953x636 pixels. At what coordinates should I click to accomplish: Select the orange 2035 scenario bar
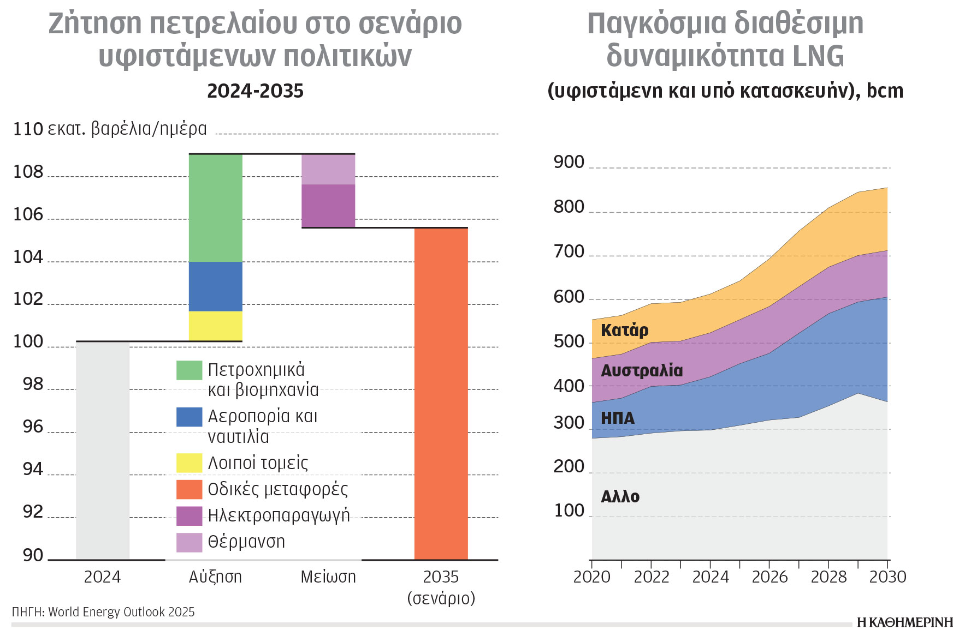coord(441,393)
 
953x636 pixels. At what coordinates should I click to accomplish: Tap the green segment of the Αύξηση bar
coord(215,208)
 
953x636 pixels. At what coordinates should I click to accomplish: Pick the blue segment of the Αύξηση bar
coord(215,286)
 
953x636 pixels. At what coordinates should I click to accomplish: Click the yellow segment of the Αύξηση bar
coord(215,326)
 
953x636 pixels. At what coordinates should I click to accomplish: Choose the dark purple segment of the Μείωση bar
coord(328,206)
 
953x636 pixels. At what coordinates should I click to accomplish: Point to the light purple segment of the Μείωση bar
coord(328,169)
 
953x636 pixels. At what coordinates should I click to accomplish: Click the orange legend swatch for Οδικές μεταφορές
coord(189,489)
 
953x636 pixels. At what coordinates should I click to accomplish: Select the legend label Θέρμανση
coord(246,542)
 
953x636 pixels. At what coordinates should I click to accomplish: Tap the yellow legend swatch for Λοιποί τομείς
coord(189,463)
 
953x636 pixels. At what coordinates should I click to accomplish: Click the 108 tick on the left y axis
coord(28,172)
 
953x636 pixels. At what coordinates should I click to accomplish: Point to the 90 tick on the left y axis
coord(33,555)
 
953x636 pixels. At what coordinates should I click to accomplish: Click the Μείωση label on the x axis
coord(328,577)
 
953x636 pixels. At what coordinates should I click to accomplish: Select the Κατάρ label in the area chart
coord(624,330)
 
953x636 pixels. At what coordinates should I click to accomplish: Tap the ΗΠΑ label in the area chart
coord(618,418)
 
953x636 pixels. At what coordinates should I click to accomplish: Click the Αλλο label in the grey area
coord(620,496)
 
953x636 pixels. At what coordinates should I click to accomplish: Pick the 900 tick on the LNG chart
coord(569,162)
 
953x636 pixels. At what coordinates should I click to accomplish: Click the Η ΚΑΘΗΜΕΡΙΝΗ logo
coord(904,622)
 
